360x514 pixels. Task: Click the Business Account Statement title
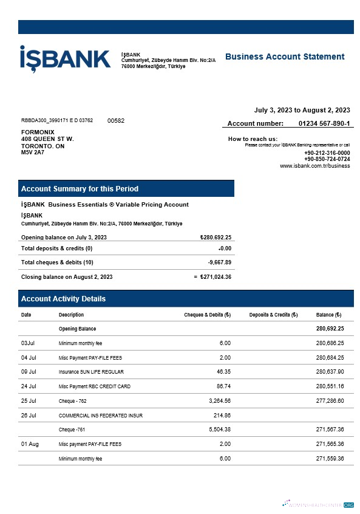point(284,57)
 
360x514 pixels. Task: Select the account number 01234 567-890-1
point(324,123)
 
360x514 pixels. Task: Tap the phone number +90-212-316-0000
point(327,152)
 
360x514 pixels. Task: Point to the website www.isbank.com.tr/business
point(314,166)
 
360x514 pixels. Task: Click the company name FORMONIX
point(38,132)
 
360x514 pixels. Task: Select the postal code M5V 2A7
point(33,152)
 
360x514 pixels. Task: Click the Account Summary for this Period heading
point(80,189)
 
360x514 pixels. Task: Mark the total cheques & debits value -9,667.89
point(219,262)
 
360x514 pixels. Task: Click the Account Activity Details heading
point(63,299)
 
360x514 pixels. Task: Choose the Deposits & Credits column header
point(273,315)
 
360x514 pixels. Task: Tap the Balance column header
point(328,315)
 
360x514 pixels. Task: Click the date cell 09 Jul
point(29,372)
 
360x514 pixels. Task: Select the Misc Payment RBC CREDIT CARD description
point(94,386)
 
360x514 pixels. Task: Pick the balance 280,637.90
point(330,372)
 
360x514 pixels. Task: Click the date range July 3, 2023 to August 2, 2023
point(302,110)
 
